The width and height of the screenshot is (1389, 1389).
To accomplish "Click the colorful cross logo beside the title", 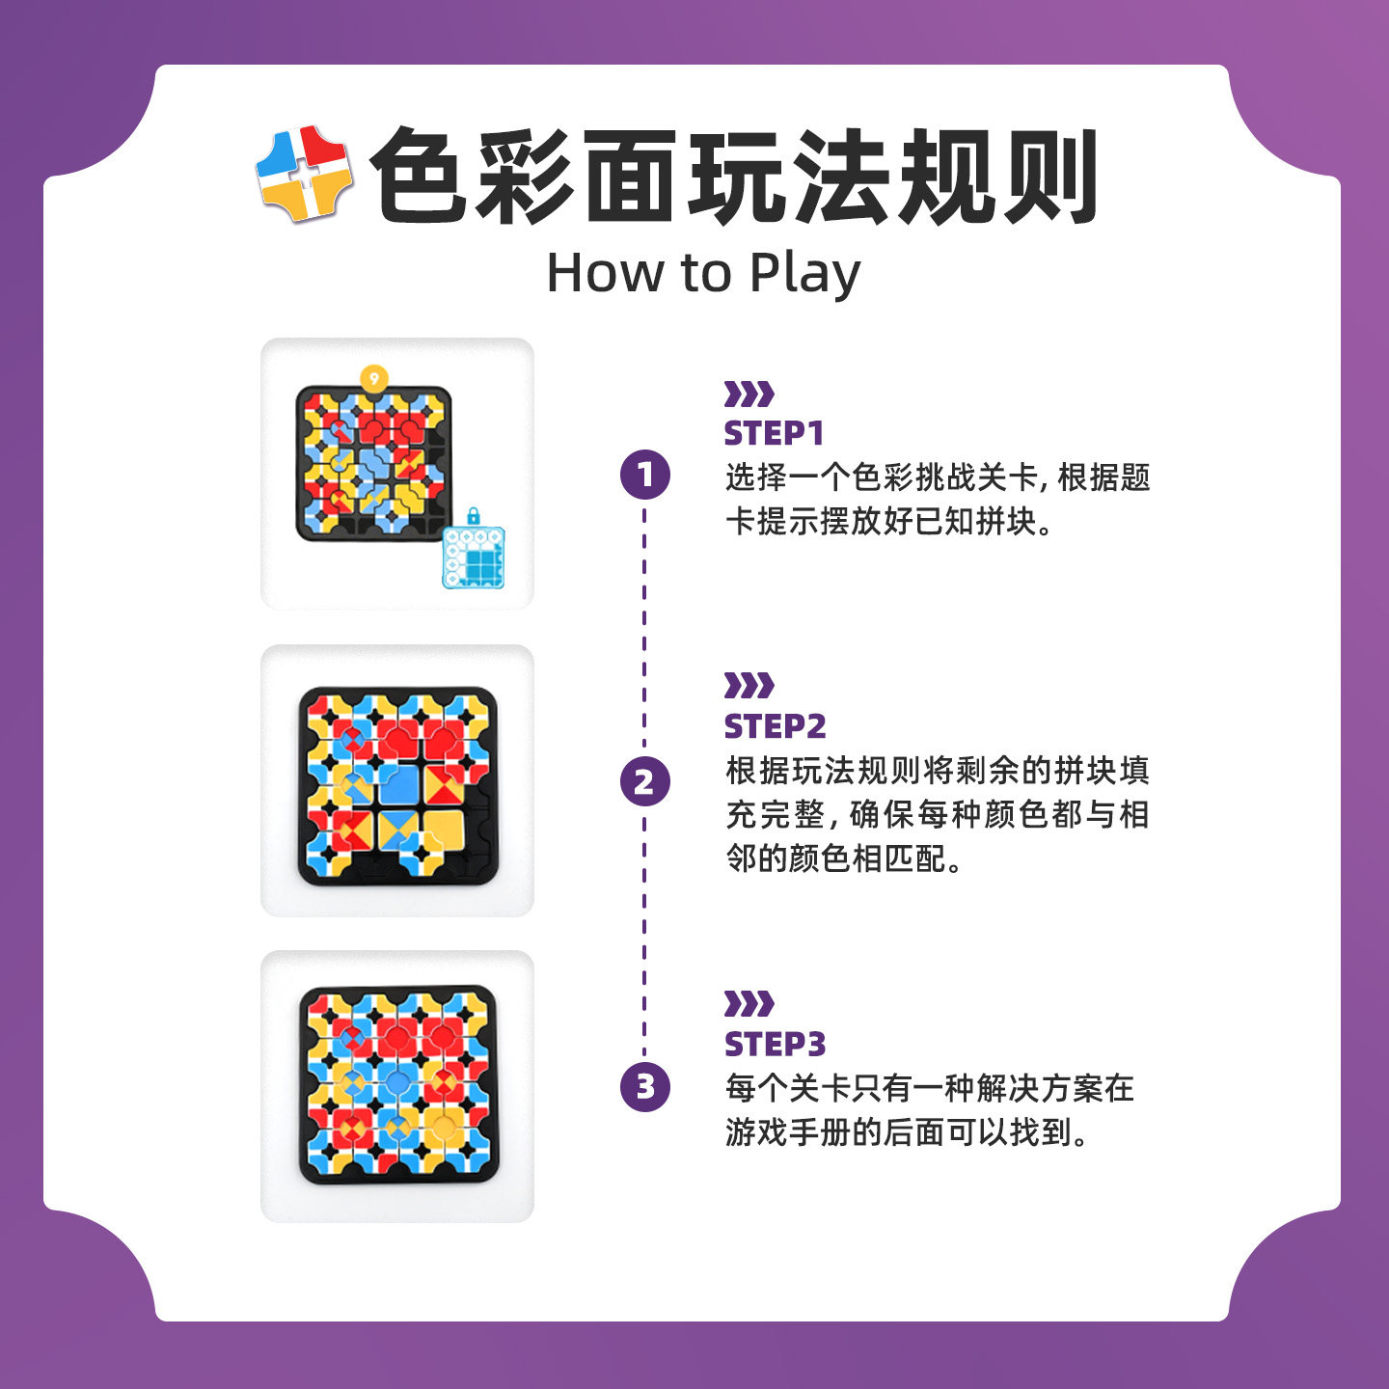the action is pyautogui.click(x=304, y=174).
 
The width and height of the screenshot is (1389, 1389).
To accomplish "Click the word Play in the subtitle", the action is pyautogui.click(x=805, y=275).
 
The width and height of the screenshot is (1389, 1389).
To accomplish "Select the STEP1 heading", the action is pyautogui.click(x=774, y=433).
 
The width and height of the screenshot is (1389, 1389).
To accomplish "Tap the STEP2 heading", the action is pyautogui.click(x=775, y=726).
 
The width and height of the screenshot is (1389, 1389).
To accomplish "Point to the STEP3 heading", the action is pyautogui.click(x=775, y=1044).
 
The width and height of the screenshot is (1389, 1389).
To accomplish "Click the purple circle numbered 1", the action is pyautogui.click(x=645, y=475).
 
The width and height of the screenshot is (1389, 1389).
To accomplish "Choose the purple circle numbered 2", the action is pyautogui.click(x=645, y=782).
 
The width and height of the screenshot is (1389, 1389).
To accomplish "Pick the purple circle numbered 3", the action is pyautogui.click(x=645, y=1086).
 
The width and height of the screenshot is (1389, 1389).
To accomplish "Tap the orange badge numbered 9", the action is pyautogui.click(x=374, y=378).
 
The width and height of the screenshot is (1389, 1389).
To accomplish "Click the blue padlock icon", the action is pyautogui.click(x=474, y=516).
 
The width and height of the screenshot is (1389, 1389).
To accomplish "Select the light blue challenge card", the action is pyautogui.click(x=474, y=558).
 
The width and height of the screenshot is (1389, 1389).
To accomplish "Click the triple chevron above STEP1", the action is pyautogui.click(x=749, y=395).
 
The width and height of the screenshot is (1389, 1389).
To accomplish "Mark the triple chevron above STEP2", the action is pyautogui.click(x=749, y=686).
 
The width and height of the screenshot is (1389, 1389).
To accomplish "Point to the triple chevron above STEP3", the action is pyautogui.click(x=749, y=1003).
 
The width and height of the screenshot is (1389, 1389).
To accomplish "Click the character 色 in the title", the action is pyautogui.click(x=419, y=176).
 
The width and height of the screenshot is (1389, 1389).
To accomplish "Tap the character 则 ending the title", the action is pyautogui.click(x=1049, y=176).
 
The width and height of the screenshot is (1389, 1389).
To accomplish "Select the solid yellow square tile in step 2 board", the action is pyautogui.click(x=444, y=831).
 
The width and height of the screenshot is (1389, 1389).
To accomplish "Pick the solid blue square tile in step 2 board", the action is pyautogui.click(x=398, y=783).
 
